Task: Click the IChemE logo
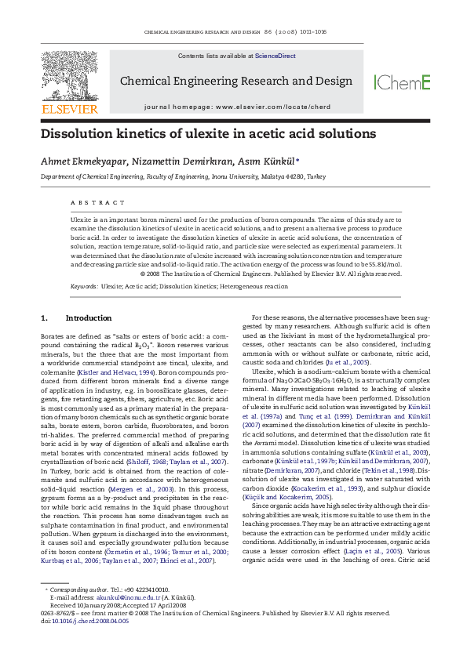(402, 82)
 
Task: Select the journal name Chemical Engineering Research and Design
(235, 82)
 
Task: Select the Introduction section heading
(88, 318)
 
